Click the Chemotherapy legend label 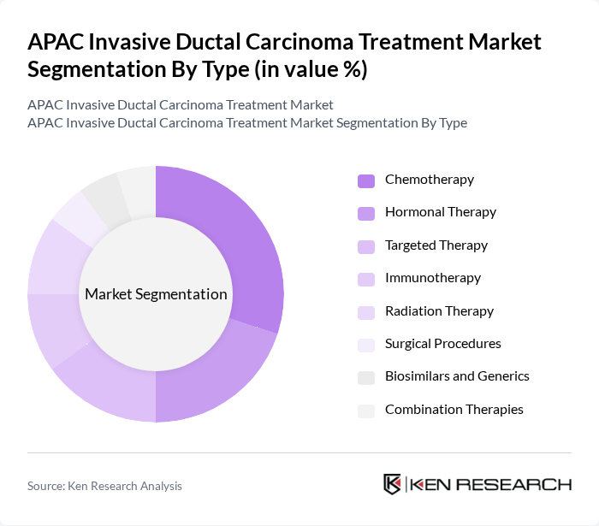429,180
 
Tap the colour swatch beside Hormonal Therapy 365,213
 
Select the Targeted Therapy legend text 436,245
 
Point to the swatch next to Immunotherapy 365,279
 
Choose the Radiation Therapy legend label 439,311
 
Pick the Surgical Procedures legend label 442,344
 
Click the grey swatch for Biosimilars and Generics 365,377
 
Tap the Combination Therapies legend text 454,410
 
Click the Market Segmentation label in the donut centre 156,294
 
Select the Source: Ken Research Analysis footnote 104,486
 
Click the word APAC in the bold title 56,42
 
